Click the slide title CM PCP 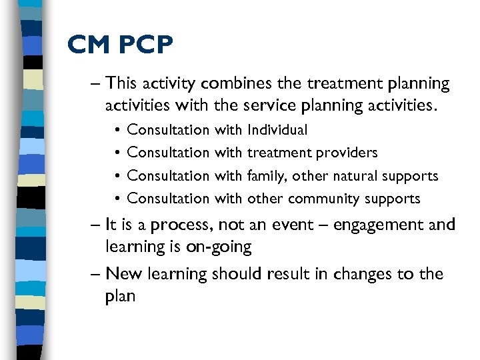pyautogui.click(x=120, y=45)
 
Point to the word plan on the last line pyautogui.click(x=120, y=297)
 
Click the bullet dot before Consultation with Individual pyautogui.click(x=117, y=131)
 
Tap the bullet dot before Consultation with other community pyautogui.click(x=117, y=199)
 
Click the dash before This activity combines pyautogui.click(x=96, y=84)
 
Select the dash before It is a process pyautogui.click(x=96, y=225)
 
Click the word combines pyautogui.click(x=235, y=84)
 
